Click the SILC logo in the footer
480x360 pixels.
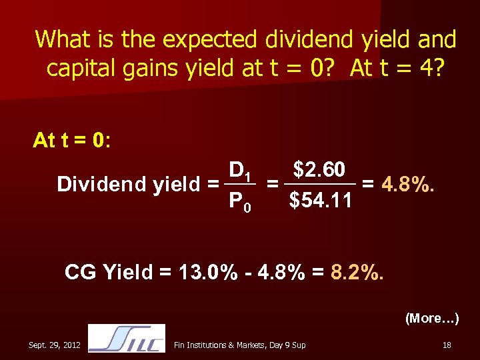click(126, 338)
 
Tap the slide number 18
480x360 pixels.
click(446, 344)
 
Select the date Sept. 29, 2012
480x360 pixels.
click(55, 344)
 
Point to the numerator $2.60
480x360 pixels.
click(319, 170)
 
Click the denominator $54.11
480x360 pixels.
click(320, 200)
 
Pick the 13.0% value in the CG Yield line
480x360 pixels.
click(203, 272)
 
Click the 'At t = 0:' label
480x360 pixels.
click(72, 141)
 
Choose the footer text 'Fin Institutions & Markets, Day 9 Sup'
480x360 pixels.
click(239, 344)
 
